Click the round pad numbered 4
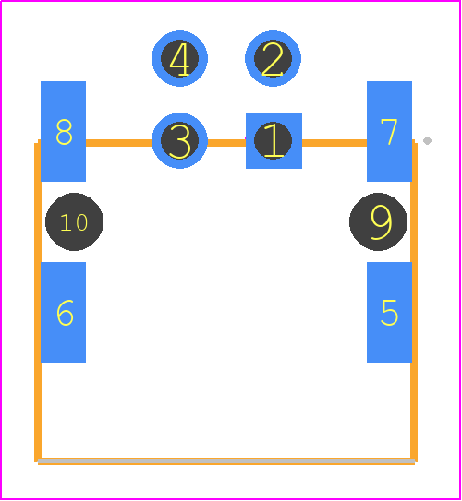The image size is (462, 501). [179, 59]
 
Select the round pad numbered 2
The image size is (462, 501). [273, 59]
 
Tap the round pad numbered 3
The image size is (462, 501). [179, 140]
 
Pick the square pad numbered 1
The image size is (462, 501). [274, 140]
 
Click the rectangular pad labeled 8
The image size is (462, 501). [64, 131]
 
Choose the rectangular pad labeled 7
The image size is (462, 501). [389, 131]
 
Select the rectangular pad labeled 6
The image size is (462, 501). [64, 312]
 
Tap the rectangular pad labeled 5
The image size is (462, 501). [389, 312]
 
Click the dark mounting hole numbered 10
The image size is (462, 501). [74, 221]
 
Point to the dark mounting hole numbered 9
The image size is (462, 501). [378, 221]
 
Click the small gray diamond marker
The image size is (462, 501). [427, 140]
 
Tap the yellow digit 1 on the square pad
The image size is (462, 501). [274, 140]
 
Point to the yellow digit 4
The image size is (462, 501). [180, 60]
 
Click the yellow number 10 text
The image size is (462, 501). [74, 222]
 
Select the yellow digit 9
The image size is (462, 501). [381, 222]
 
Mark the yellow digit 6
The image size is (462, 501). [65, 313]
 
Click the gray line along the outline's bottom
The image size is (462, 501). [226, 461]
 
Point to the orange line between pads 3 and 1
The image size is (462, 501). [226, 143]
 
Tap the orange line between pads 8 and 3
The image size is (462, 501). [118, 143]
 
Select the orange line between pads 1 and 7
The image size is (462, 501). [334, 143]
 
